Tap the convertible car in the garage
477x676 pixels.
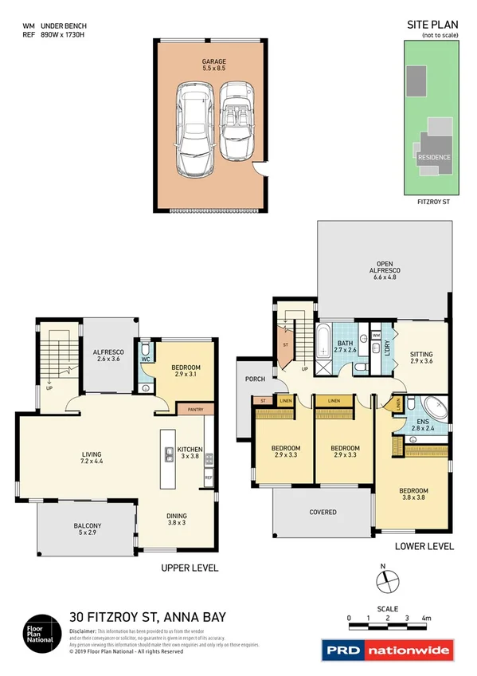(235, 121)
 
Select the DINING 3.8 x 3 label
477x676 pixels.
(176, 519)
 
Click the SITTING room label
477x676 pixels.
(422, 356)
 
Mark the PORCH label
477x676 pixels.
(256, 379)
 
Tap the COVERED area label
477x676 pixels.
(323, 512)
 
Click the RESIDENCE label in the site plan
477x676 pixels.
(435, 157)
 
